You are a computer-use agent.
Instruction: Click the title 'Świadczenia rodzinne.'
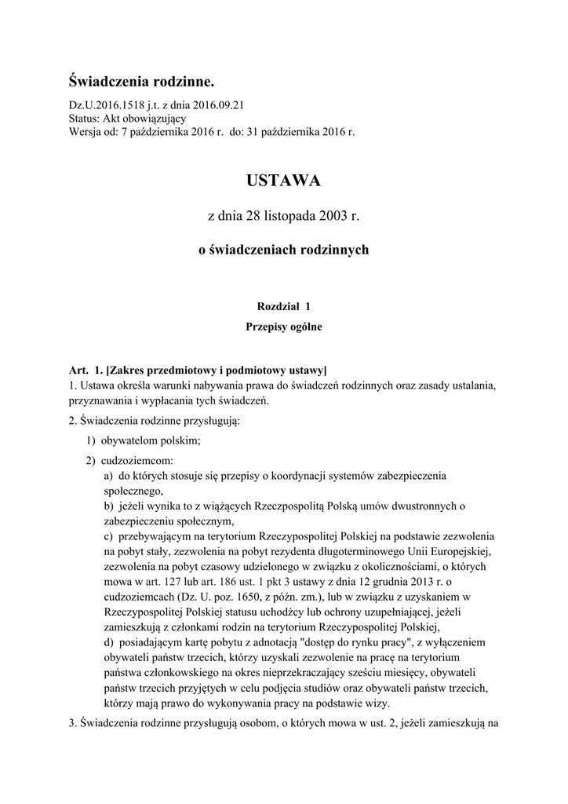point(141,82)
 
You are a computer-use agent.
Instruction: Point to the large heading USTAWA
point(283,181)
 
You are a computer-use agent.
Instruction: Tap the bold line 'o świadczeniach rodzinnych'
point(283,250)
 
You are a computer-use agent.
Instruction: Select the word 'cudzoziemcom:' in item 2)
point(138,460)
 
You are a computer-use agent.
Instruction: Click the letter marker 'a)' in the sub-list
point(109,476)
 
